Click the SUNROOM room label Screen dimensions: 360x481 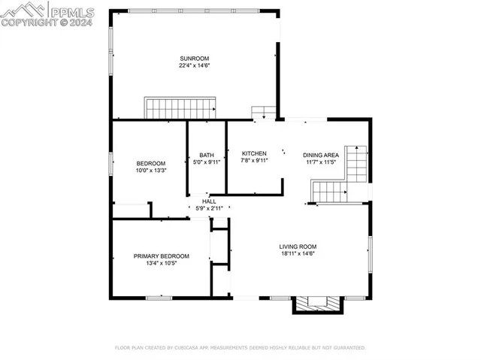(x=194, y=59)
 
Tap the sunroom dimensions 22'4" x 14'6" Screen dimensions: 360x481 (x=194, y=66)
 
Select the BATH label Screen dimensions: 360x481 (x=207, y=155)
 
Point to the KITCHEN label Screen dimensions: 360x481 (x=254, y=153)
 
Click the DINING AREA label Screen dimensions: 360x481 (x=321, y=155)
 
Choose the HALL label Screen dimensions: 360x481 (x=209, y=201)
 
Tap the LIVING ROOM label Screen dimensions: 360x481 (x=298, y=247)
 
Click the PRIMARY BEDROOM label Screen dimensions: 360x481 (x=162, y=256)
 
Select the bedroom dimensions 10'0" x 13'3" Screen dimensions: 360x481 (x=150, y=171)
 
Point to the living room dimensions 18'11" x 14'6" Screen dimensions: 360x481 (x=298, y=253)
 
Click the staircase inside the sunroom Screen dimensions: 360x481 (x=180, y=108)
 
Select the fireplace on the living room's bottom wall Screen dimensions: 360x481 (x=317, y=303)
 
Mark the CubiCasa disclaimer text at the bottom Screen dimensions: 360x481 (x=240, y=348)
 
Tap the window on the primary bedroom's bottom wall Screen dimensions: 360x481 (x=159, y=298)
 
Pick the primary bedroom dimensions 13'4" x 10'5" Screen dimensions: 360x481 (x=162, y=263)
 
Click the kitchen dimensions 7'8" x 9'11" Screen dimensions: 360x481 (x=254, y=160)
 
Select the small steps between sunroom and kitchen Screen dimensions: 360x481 (x=264, y=113)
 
